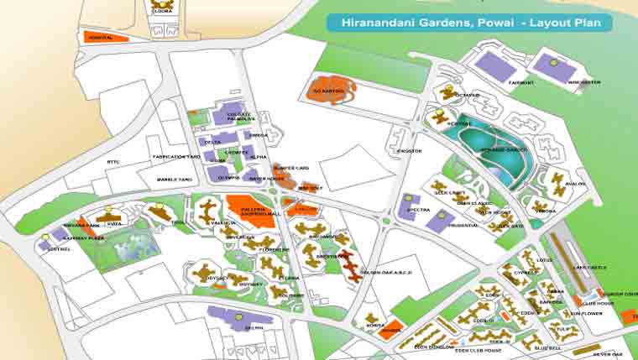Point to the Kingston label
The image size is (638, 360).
[x=409, y=151]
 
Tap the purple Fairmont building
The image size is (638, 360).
[x=494, y=65]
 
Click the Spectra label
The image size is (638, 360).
[x=418, y=210]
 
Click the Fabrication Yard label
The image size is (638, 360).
[x=175, y=157]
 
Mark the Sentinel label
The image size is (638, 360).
[x=60, y=250]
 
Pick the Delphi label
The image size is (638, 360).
[x=254, y=327]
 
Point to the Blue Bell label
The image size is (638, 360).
[x=547, y=346]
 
